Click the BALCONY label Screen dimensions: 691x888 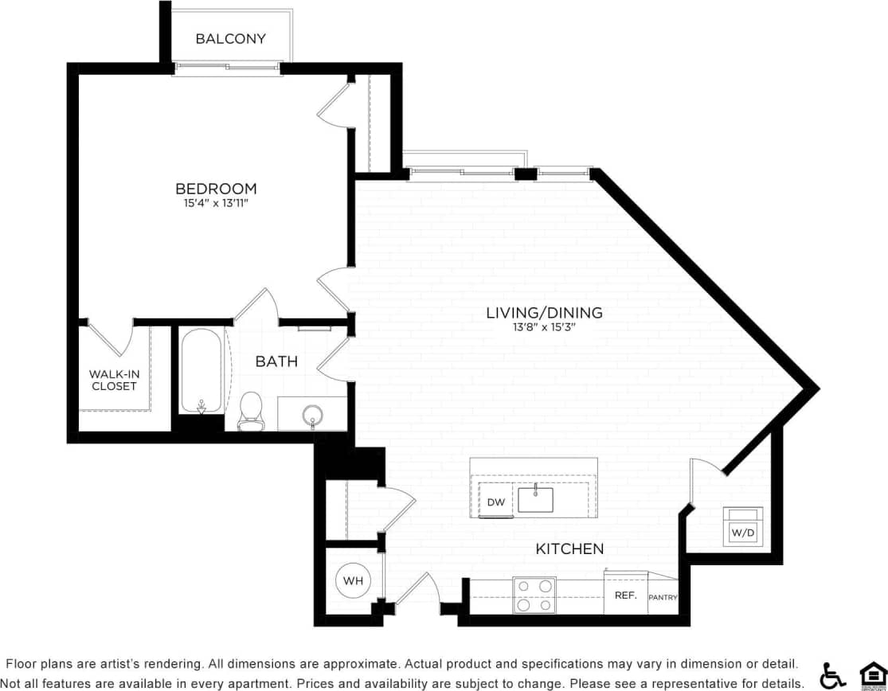(230, 38)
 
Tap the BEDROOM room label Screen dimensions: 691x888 (216, 189)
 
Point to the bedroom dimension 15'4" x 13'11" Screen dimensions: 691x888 (216, 204)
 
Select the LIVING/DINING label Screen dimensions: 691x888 (544, 313)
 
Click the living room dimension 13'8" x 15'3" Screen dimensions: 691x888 (544, 327)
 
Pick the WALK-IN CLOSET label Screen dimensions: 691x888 (113, 380)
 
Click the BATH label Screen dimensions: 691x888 (276, 361)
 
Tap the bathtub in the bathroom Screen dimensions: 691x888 (200, 370)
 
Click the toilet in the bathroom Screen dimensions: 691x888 (251, 409)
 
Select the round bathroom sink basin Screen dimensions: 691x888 (312, 415)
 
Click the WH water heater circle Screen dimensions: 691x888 (353, 581)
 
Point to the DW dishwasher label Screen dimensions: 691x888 (495, 502)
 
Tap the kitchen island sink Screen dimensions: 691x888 (535, 499)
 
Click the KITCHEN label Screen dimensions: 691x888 (569, 549)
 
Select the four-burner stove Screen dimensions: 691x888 (534, 595)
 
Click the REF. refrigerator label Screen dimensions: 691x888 (624, 595)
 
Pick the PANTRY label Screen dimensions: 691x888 (663, 596)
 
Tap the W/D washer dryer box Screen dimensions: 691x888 (742, 526)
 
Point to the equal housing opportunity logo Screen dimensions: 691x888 (873, 675)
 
